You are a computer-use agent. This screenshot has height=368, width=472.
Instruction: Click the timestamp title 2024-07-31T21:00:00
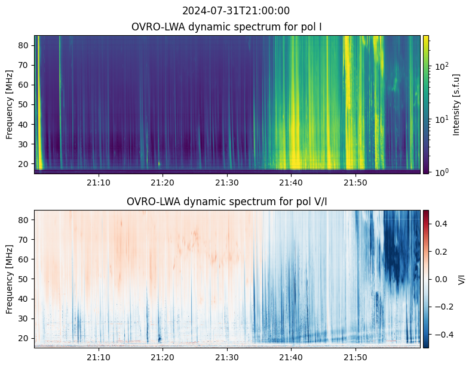click(236, 11)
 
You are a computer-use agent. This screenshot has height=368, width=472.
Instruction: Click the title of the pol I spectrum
click(226, 27)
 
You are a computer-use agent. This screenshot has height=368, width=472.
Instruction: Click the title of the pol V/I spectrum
click(226, 202)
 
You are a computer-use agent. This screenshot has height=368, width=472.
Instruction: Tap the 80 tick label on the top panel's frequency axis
click(24, 45)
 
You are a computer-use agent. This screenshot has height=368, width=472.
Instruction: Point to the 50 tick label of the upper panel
click(24, 104)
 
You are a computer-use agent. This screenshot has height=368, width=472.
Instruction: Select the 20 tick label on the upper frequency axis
click(24, 164)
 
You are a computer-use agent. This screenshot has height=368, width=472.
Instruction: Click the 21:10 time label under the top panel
click(99, 183)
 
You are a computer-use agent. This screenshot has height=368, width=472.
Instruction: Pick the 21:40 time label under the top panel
click(291, 183)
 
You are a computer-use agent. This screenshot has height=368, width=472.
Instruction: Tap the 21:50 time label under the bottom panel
click(355, 357)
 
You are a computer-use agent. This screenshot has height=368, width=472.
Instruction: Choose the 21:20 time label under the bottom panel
click(163, 357)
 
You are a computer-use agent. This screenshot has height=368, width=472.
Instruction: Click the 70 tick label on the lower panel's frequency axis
click(24, 240)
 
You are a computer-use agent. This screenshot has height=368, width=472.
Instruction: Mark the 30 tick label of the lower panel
click(24, 318)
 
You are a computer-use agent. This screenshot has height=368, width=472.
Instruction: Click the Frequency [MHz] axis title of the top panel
click(10, 104)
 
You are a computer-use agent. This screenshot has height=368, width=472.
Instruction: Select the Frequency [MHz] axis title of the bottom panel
click(10, 279)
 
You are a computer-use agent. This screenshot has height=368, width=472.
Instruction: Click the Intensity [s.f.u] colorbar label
click(456, 105)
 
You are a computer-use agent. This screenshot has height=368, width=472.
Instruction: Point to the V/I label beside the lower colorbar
click(461, 279)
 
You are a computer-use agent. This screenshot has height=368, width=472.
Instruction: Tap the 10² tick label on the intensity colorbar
click(442, 66)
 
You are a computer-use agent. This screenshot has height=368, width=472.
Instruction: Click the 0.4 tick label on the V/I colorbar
click(441, 224)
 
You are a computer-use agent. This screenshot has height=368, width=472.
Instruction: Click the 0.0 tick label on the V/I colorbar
click(441, 279)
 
